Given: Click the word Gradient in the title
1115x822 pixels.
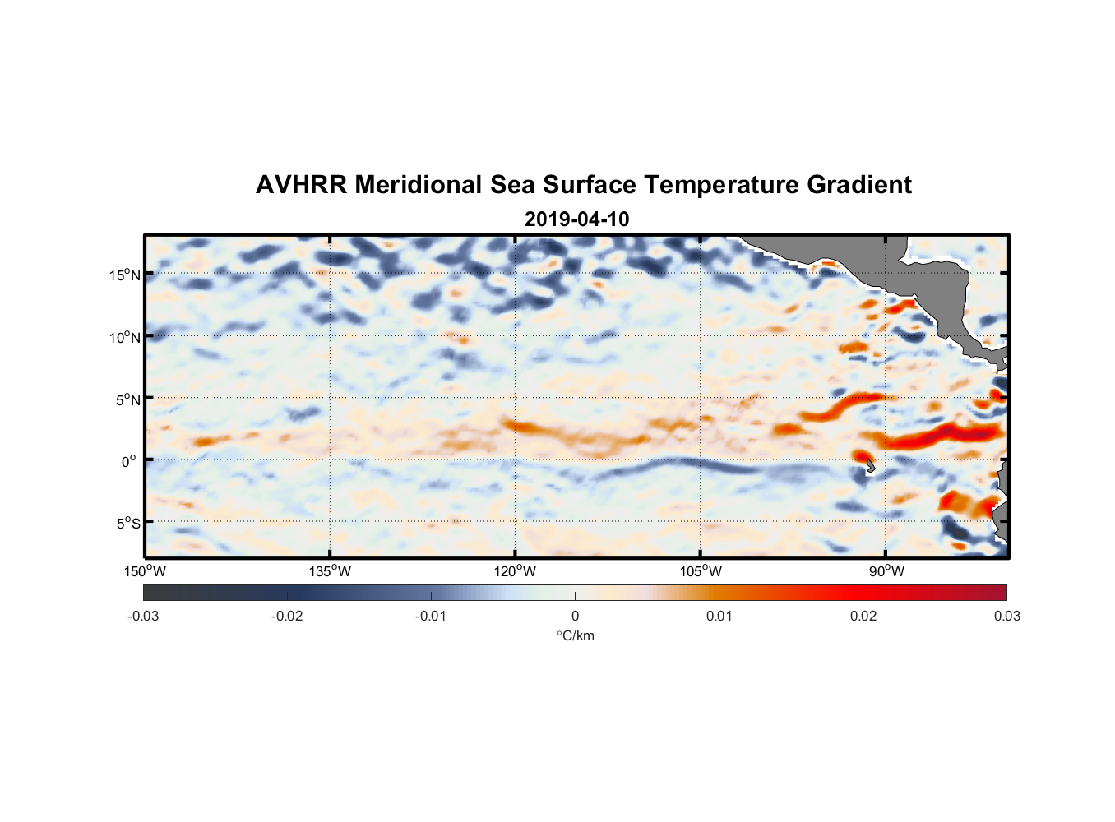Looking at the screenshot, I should (859, 185).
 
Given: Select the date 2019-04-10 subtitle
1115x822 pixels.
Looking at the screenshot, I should (576, 219).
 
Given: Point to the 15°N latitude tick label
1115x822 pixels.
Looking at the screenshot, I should (125, 275).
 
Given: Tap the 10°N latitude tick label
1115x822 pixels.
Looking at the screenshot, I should (125, 337).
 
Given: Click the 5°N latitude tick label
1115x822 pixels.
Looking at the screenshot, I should (127, 399).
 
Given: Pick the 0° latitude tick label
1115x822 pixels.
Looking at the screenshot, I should (129, 461).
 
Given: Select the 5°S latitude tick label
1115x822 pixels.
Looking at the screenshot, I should (127, 523).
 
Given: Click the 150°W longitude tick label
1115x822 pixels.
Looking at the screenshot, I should (146, 571).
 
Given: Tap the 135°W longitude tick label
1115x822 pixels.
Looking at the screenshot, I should (331, 571).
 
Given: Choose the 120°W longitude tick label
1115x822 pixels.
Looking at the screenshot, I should (516, 571).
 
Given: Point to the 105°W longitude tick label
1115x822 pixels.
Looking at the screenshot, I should (701, 571).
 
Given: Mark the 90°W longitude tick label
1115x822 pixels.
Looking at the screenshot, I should (886, 571).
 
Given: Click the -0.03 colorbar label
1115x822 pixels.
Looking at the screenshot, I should (143, 616).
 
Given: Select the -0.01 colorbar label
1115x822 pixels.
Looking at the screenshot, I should (431, 616).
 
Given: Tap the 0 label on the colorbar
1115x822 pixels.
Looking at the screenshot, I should (575, 616).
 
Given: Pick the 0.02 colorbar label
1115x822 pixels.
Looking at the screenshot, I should (863, 616).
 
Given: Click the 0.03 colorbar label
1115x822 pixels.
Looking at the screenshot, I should (1006, 616).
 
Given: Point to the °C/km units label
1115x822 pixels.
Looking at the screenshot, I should (576, 635).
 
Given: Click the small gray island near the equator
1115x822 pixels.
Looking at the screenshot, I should (870, 466).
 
